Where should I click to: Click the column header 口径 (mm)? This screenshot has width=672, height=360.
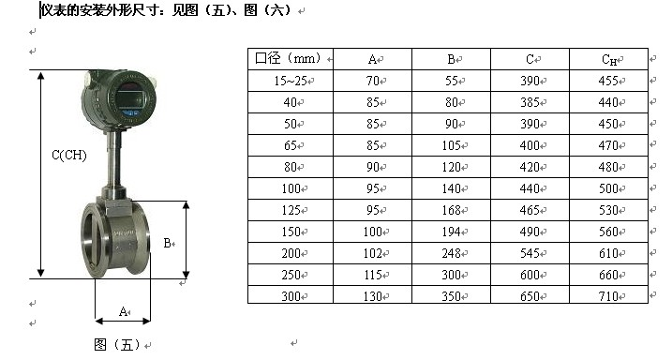(288, 58)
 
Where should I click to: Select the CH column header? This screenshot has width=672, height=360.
(609, 60)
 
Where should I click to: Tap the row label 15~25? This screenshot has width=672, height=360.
(291, 81)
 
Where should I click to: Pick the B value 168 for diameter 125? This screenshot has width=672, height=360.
(452, 210)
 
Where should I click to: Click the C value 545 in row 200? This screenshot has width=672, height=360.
(530, 253)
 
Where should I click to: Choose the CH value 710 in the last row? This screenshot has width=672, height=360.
(608, 296)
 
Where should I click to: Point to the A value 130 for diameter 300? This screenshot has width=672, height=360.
(372, 296)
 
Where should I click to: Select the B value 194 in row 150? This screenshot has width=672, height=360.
(452, 232)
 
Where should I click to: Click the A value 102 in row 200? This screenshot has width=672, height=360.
(372, 253)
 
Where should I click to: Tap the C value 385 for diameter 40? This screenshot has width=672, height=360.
(530, 102)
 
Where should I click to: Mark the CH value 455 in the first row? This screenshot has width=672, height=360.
(608, 81)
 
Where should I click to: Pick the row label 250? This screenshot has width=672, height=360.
(291, 275)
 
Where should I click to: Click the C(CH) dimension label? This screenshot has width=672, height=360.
(69, 155)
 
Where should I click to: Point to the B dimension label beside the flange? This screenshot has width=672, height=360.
(168, 244)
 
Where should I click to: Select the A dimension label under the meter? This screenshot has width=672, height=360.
(123, 311)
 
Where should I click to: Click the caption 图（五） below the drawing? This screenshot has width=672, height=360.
(117, 344)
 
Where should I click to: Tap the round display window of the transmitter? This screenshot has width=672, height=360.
(129, 99)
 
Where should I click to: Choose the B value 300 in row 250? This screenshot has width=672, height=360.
(452, 275)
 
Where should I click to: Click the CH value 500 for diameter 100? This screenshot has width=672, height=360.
(608, 188)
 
